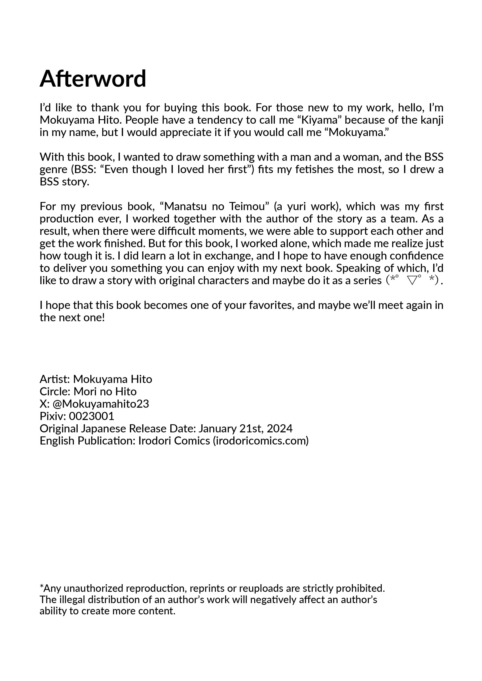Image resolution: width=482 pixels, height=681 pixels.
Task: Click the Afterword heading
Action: [93, 79]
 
